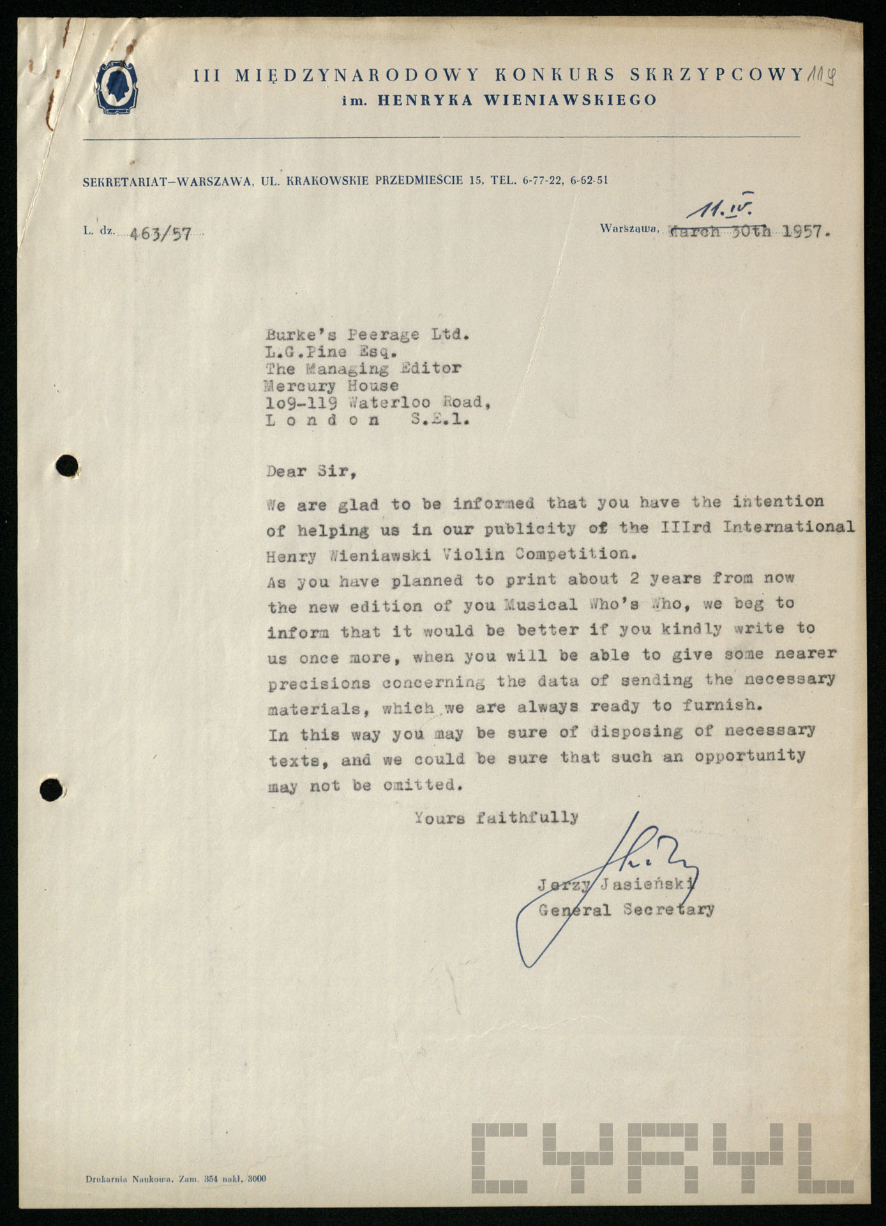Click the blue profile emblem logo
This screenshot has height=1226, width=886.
117,89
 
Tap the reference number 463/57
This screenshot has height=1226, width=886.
160,234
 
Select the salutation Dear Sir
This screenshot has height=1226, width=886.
308,472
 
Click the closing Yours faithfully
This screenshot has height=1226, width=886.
496,817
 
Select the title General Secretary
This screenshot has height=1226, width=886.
626,909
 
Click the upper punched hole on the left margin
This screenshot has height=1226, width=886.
67,465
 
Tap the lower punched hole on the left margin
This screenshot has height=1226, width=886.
52,791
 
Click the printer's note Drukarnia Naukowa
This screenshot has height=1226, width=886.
126,1179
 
